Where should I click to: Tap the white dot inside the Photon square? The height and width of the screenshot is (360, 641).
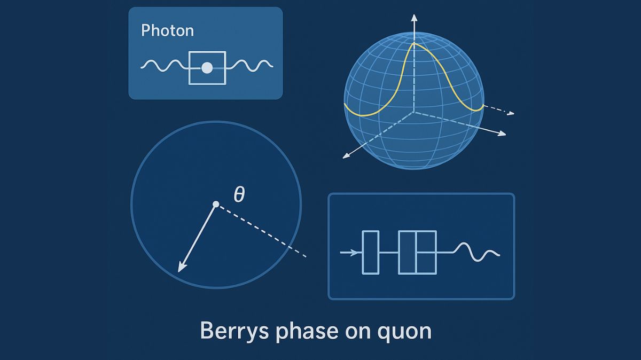[x=207, y=68]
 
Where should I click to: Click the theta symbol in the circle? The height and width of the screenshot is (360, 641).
[x=239, y=195]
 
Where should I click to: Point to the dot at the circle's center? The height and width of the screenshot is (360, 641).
[x=216, y=204]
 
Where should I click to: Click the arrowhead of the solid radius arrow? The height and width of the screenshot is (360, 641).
[x=181, y=269]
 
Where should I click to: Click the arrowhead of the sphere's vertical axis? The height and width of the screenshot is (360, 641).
[x=413, y=18]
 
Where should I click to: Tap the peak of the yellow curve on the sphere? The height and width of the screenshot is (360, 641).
[x=413, y=44]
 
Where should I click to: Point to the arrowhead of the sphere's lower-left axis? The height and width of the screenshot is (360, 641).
[x=345, y=156]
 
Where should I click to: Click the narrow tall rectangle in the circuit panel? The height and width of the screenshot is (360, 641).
[x=370, y=252]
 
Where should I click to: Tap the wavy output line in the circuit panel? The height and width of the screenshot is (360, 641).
[x=478, y=253]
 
